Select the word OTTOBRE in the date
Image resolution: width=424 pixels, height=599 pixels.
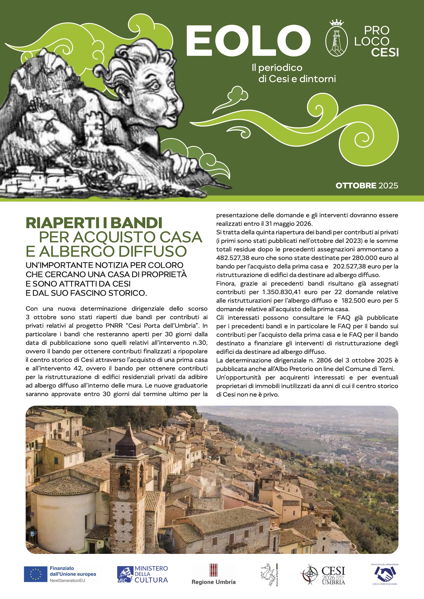(x=356, y=185)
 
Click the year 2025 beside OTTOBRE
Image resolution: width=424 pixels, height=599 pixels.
(x=388, y=185)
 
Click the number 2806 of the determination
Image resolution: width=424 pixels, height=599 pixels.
(x=316, y=360)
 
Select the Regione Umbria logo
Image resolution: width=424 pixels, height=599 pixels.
(x=214, y=574)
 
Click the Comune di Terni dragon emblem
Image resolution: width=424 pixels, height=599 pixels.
(x=268, y=574)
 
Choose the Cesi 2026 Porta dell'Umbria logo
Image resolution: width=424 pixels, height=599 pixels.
(x=323, y=574)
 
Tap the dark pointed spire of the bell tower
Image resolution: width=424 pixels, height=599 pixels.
(x=128, y=435)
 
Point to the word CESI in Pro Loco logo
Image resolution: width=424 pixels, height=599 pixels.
(x=385, y=52)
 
